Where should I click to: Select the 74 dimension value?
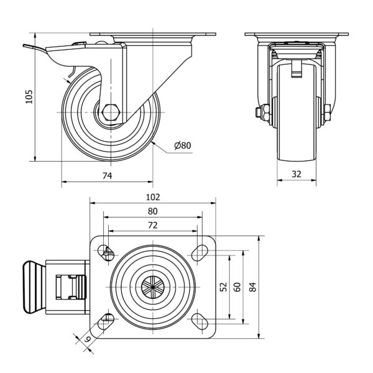pyautogui.click(x=106, y=177)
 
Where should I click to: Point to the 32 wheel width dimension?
pyautogui.click(x=296, y=175)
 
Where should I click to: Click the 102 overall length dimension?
pyautogui.click(x=153, y=197)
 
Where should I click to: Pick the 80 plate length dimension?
pyautogui.click(x=153, y=211)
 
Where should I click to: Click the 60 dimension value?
pyautogui.click(x=237, y=287)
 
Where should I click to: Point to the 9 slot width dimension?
pyautogui.click(x=88, y=339)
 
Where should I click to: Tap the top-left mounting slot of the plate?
pyautogui.click(x=108, y=252)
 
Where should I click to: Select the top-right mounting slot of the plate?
pyautogui.click(x=198, y=252)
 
